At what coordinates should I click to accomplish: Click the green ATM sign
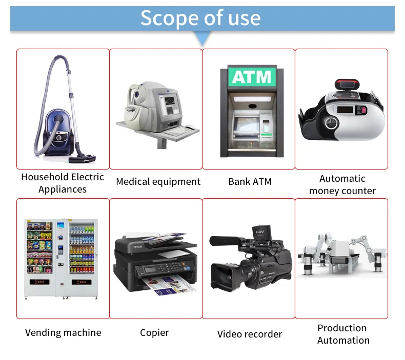(251, 77)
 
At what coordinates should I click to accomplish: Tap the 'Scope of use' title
(200, 18)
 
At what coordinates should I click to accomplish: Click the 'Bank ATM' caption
(250, 182)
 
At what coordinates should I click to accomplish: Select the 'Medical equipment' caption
(158, 182)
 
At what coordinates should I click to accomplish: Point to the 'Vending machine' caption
(63, 333)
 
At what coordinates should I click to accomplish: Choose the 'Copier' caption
(154, 333)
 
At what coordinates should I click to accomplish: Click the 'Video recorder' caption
(250, 334)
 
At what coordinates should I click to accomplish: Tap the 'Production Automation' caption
(343, 334)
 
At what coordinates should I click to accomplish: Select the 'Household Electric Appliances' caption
(63, 183)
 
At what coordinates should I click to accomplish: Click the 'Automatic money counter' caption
(342, 184)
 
